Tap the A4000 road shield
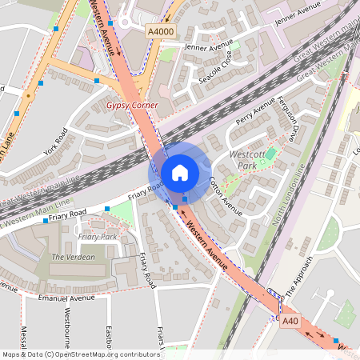160,30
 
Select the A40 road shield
291,321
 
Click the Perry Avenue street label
255,114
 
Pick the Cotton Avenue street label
226,195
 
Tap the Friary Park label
98,237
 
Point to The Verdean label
73,257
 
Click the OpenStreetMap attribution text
81,354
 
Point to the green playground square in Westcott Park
270,154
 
